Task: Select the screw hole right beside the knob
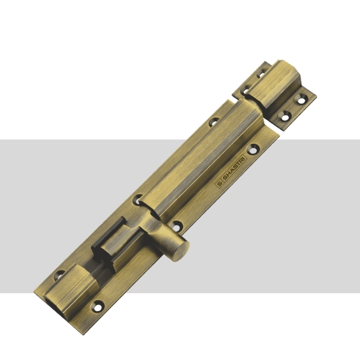(x=176, y=227)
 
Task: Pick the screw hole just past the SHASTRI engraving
(x=253, y=150)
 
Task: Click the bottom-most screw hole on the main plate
(x=98, y=306)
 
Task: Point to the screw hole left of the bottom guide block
(x=60, y=275)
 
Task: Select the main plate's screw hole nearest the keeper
(x=214, y=121)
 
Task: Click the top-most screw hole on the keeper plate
(x=262, y=73)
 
